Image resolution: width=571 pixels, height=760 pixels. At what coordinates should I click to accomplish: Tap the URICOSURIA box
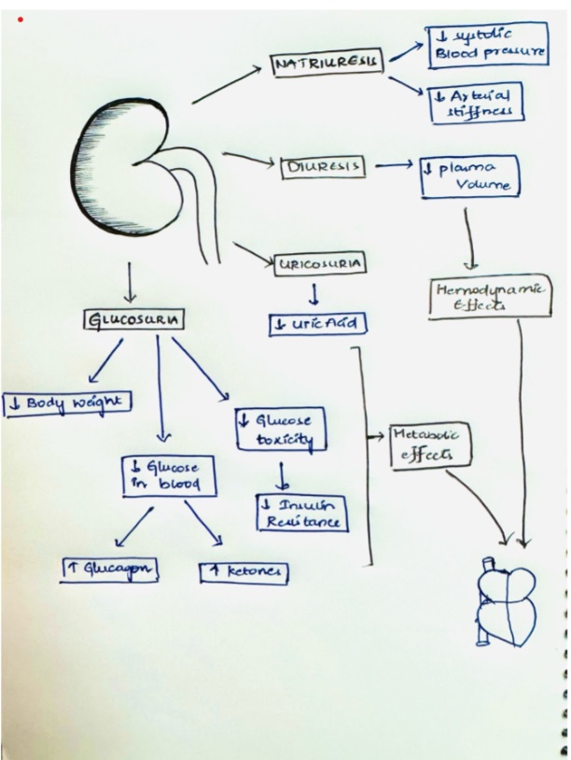pos(318,264)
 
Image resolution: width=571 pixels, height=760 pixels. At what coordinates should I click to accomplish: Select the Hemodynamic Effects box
pos(488,297)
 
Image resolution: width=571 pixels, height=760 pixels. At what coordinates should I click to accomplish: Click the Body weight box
pos(67,403)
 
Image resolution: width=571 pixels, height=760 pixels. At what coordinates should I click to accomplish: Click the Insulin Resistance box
pos(300,512)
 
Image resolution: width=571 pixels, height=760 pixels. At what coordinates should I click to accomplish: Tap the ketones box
pos(244,571)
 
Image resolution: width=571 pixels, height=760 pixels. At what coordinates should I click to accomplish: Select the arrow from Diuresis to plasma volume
pos(392,167)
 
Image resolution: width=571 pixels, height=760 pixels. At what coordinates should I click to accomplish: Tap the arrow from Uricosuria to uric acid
pos(314,294)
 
